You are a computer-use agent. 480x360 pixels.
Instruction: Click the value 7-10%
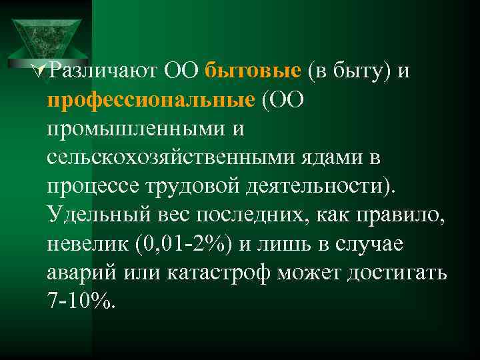coord(81,302)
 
